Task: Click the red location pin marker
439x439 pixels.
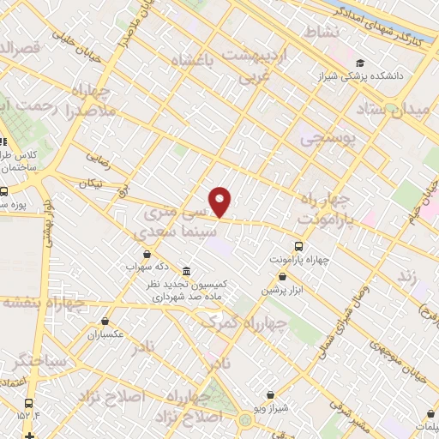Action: pos(221,201)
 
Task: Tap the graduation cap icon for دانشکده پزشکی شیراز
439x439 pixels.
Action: pos(361,63)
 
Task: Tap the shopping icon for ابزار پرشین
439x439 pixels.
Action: pos(284,276)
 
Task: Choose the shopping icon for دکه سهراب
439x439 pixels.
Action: pos(148,255)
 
